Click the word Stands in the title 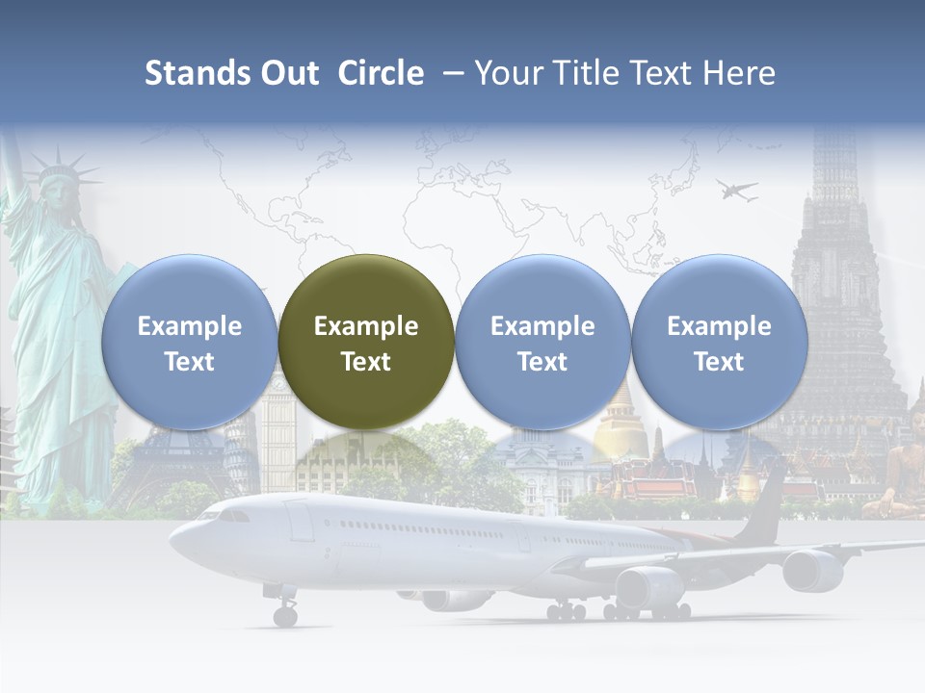click(x=196, y=73)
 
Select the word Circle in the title click(x=381, y=73)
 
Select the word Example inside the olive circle click(x=366, y=326)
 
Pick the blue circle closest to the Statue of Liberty click(x=190, y=342)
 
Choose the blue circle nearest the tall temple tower click(x=719, y=342)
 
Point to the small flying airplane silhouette click(x=736, y=191)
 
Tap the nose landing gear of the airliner click(x=284, y=612)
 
